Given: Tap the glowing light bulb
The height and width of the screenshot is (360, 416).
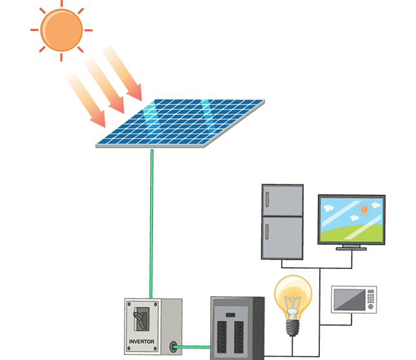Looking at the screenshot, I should tap(294, 297).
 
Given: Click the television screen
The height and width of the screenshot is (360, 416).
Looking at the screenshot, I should tap(352, 219).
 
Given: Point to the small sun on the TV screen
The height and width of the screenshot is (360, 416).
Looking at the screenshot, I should tap(364, 209).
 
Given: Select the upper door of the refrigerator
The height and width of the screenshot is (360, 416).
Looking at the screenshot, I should tap(282, 201).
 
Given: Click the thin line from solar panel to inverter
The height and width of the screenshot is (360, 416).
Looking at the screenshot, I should tap(152, 219).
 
